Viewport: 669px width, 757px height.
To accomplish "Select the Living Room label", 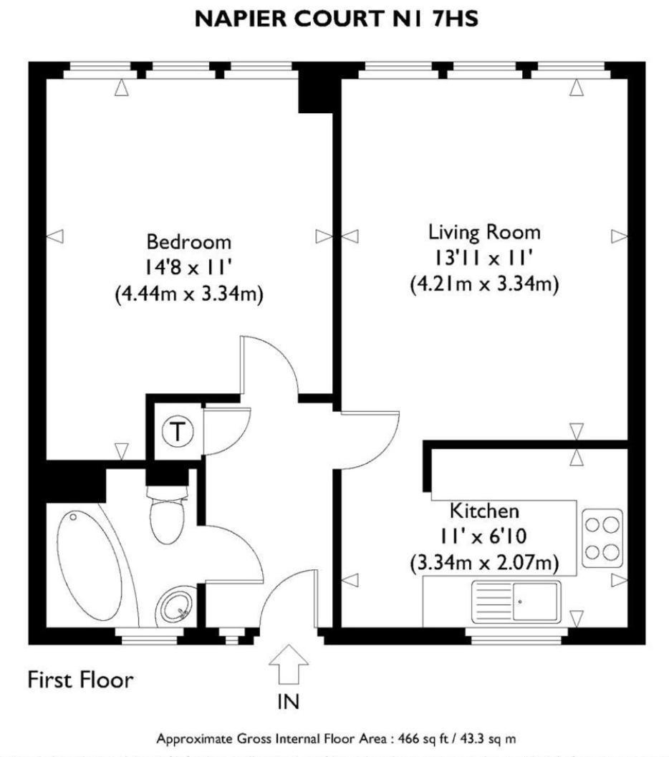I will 484,232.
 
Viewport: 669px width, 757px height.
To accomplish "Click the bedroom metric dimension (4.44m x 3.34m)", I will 189,294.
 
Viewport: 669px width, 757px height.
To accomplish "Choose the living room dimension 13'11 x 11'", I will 484,258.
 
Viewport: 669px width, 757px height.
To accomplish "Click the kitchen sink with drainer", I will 516,601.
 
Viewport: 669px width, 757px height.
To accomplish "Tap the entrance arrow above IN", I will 288,665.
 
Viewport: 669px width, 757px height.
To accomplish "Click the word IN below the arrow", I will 289,703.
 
